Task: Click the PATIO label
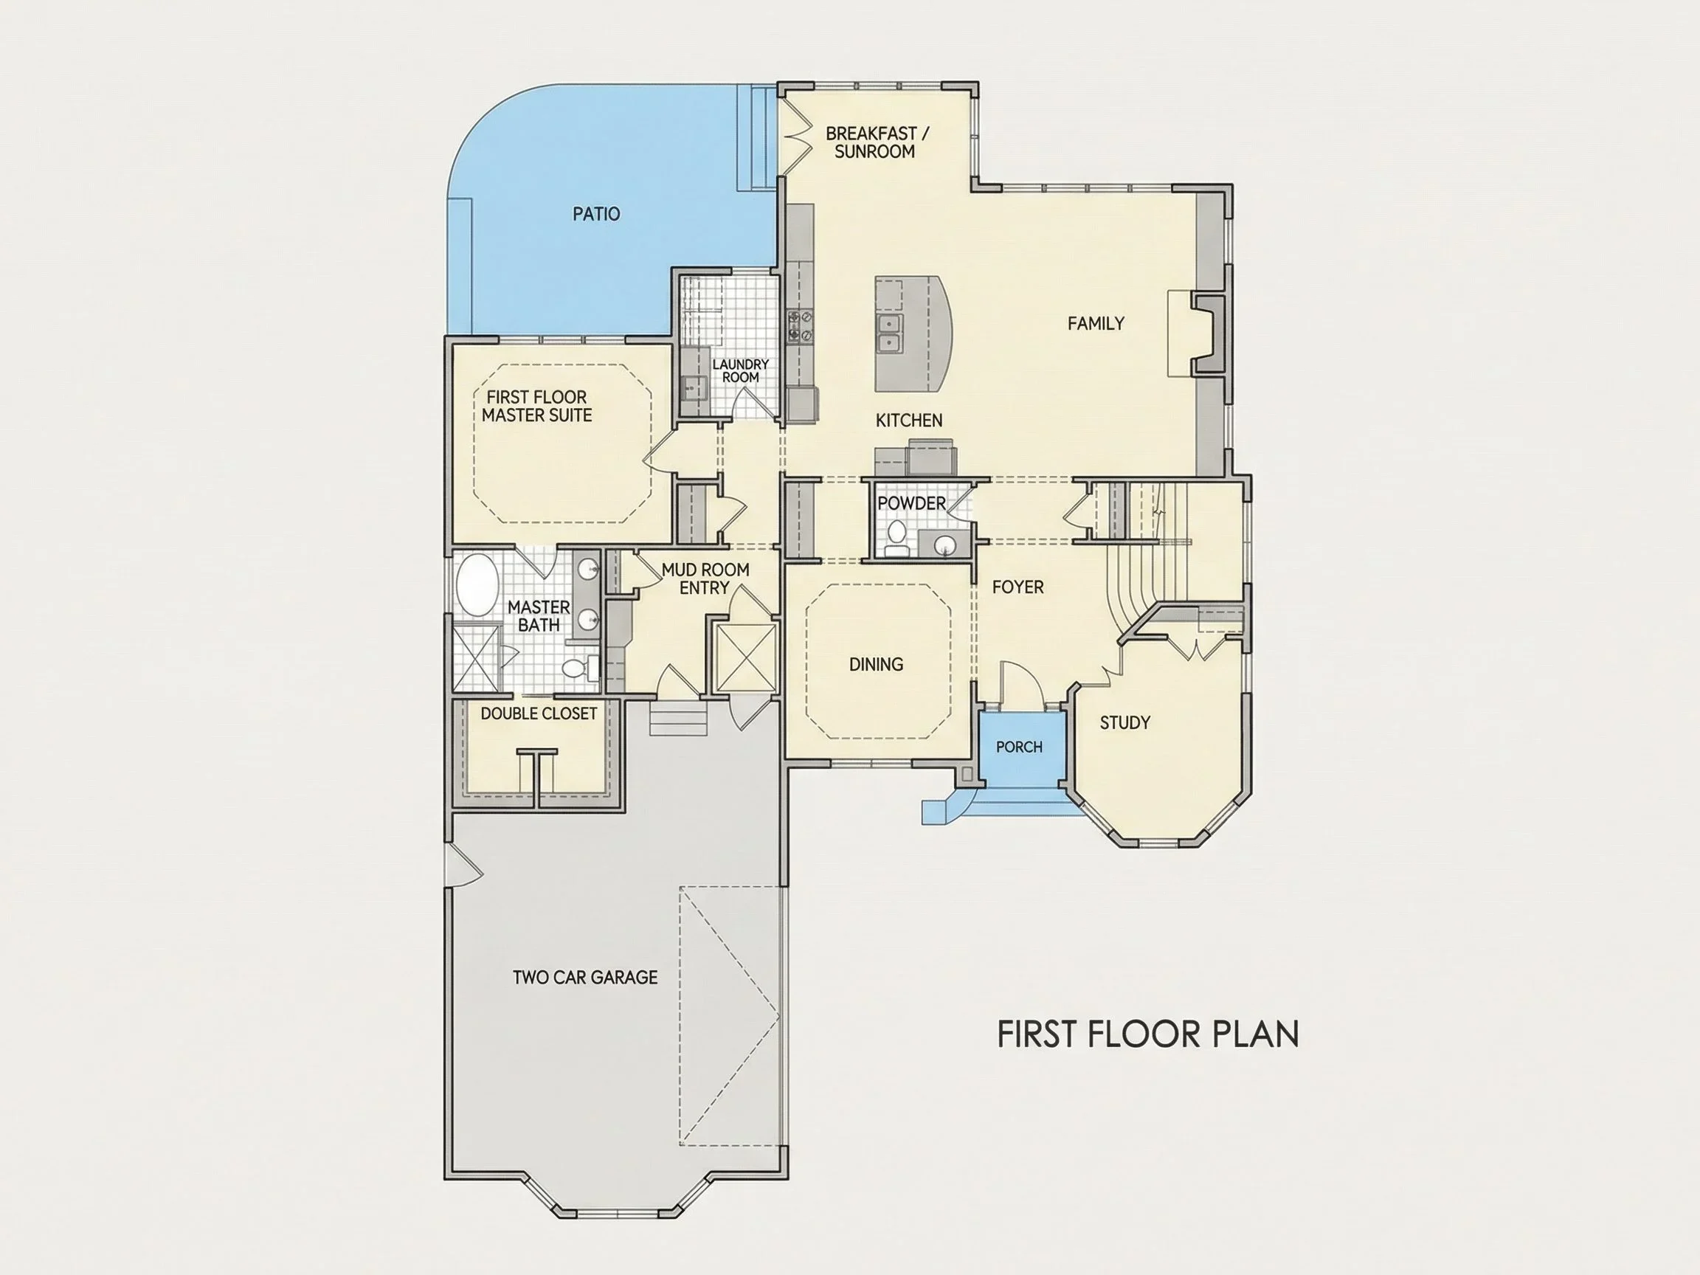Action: (x=596, y=214)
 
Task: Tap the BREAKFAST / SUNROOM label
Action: (x=876, y=142)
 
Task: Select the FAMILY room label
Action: (x=1096, y=324)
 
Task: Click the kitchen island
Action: (x=913, y=334)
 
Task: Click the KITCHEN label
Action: (x=909, y=421)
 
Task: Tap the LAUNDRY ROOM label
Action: (x=741, y=370)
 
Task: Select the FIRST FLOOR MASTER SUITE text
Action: (x=537, y=407)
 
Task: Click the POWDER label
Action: (x=911, y=503)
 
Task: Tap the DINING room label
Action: (x=876, y=664)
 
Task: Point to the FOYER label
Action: (x=1018, y=587)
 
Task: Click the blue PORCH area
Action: (x=1020, y=749)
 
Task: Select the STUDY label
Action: (x=1125, y=722)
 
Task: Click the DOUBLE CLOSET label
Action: (x=539, y=713)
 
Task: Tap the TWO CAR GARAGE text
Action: (x=586, y=978)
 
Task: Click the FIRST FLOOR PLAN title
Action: (x=1148, y=1034)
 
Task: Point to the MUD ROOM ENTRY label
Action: (x=705, y=578)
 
